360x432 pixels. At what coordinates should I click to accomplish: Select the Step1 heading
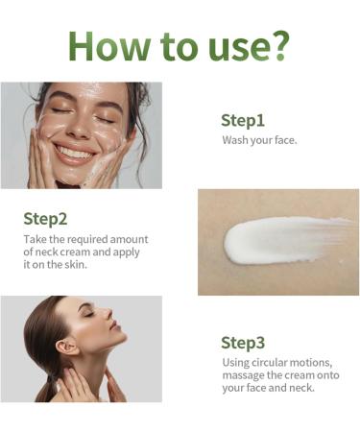coord(242,120)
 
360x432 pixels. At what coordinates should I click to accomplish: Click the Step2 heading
coord(45,218)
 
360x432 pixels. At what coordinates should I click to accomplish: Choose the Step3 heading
coord(242,342)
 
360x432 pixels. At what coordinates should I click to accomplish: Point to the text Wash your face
coord(259,141)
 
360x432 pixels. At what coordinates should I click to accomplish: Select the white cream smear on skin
coord(278,239)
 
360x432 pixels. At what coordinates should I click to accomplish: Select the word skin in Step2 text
coord(73,264)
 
